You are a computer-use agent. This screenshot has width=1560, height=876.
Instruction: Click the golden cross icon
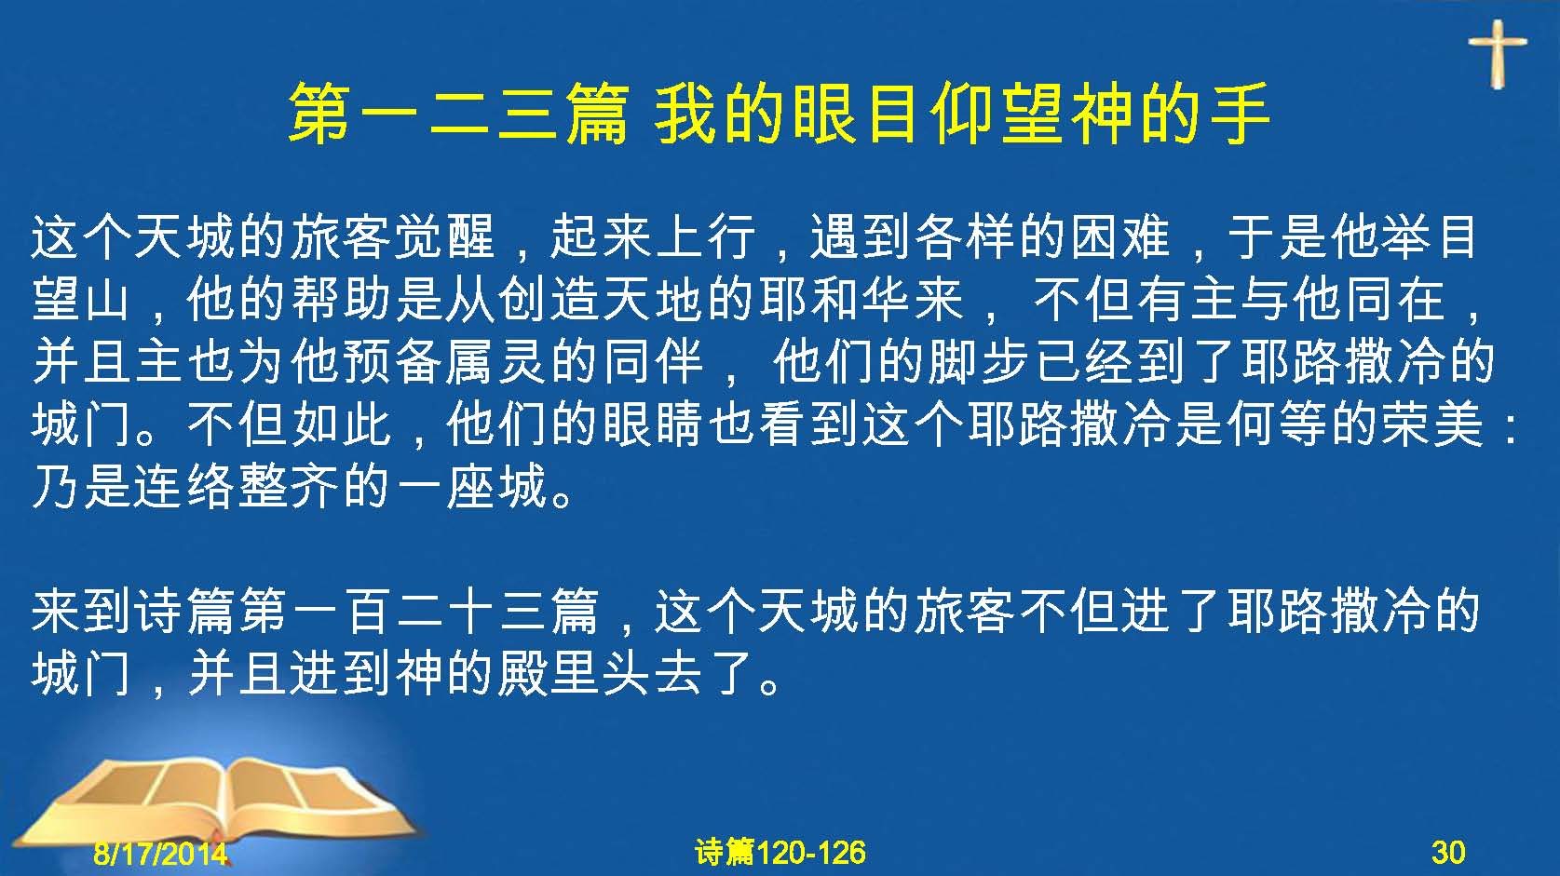1498,54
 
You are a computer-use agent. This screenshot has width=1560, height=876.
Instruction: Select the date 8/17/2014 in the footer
161,853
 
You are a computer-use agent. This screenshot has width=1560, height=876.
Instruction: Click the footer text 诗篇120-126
780,853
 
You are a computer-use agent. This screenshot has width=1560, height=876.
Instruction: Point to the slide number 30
1448,853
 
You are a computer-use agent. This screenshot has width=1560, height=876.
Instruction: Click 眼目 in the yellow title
844,114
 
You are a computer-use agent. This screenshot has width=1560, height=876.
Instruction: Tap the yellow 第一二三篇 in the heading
459,114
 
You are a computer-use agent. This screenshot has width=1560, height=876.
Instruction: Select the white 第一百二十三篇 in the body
419,613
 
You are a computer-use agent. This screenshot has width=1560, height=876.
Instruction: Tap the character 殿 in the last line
522,674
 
